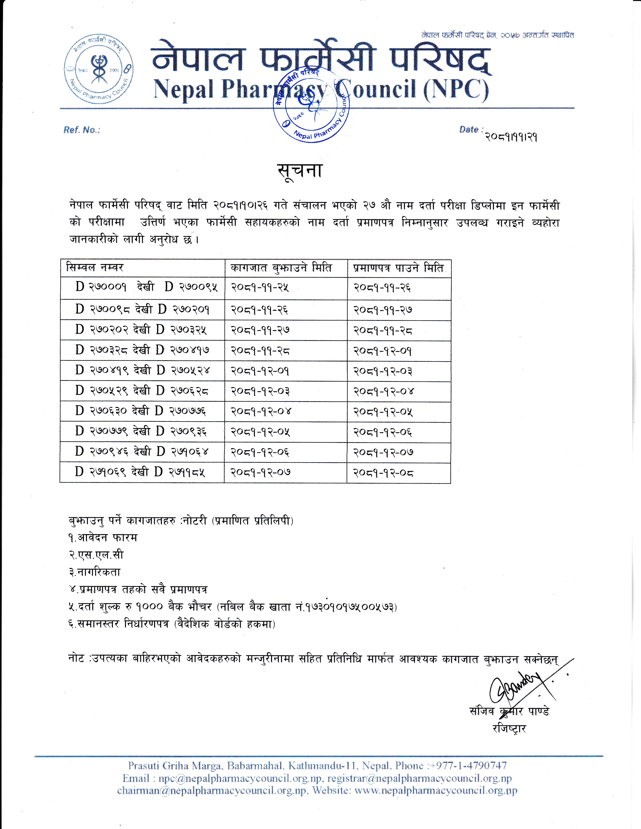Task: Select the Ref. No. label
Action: tap(82, 130)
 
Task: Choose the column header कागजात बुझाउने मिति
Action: tap(281, 268)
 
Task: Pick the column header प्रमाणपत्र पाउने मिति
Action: tap(398, 268)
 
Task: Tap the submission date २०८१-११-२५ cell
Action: tap(260, 288)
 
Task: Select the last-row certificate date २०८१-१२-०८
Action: tap(383, 473)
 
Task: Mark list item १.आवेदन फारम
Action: tap(103, 538)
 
